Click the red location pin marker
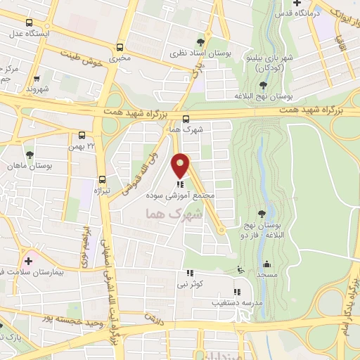181,166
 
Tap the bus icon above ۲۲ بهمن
82,135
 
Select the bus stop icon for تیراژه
103,179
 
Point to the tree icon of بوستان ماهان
30,155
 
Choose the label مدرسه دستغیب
237,302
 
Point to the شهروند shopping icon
37,79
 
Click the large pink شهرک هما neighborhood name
173,214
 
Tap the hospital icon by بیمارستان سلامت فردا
30,259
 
